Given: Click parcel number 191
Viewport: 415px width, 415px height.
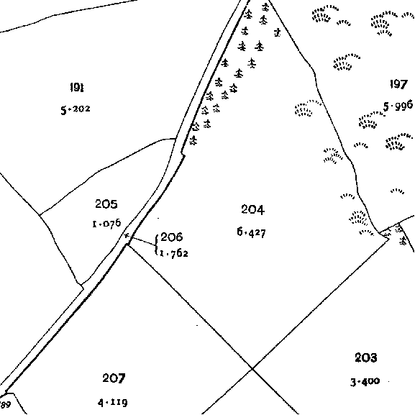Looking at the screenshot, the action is pyautogui.click(x=77, y=87).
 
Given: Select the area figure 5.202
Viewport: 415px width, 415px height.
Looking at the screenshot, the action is pyautogui.click(x=76, y=109).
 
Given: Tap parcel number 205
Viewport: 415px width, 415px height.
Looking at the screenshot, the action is pyautogui.click(x=106, y=204).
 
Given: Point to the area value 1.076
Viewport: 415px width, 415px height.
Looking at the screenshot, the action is pyautogui.click(x=106, y=224).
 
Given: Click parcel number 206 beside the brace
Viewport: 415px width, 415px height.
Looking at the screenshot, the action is pyautogui.click(x=171, y=237).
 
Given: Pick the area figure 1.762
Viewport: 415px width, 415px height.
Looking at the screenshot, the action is pyautogui.click(x=174, y=254).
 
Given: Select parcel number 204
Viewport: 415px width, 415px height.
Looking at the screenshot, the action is pyautogui.click(x=252, y=209).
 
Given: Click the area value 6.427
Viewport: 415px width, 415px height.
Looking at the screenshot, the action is pyautogui.click(x=251, y=232).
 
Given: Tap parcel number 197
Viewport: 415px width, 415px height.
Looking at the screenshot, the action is pyautogui.click(x=398, y=84).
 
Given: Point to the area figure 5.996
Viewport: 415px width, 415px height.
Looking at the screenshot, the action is pyautogui.click(x=398, y=106).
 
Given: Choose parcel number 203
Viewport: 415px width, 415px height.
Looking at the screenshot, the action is pyautogui.click(x=366, y=357).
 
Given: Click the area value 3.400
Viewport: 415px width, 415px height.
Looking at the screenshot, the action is pyautogui.click(x=365, y=382).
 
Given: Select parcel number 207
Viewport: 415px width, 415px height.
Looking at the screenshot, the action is pyautogui.click(x=114, y=378).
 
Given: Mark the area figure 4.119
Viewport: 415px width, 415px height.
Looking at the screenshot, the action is pyautogui.click(x=113, y=403).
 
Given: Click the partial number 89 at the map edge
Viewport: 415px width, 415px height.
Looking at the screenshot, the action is pyautogui.click(x=5, y=405).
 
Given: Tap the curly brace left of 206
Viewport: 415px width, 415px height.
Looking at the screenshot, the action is pyautogui.click(x=157, y=245).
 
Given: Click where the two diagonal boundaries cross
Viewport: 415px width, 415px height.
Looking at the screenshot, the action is pyautogui.click(x=252, y=368).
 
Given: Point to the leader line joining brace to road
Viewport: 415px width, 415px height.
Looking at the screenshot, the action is pyautogui.click(x=141, y=240).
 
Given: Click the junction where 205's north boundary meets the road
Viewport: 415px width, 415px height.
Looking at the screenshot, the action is pyautogui.click(x=175, y=139).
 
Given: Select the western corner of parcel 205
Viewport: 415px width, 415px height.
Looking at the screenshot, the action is pyautogui.click(x=40, y=215).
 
